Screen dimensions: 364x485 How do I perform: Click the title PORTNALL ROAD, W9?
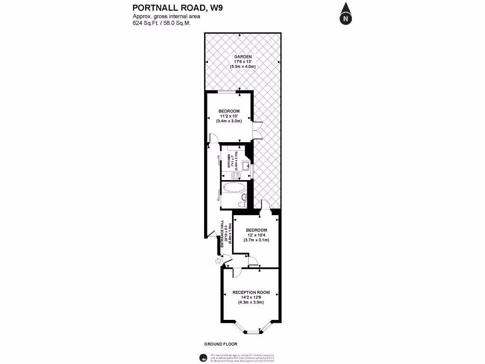pyautogui.click(x=165, y=7)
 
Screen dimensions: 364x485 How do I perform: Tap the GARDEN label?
pyautogui.click(x=242, y=57)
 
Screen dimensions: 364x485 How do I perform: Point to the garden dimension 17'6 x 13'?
pyautogui.click(x=242, y=62)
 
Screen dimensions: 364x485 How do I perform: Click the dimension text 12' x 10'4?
pyautogui.click(x=256, y=235)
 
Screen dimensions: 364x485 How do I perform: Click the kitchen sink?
pyautogui.click(x=246, y=166)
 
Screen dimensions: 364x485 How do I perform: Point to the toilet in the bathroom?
pyautogui.click(x=242, y=203)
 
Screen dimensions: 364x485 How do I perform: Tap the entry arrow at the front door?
pyautogui.click(x=218, y=260)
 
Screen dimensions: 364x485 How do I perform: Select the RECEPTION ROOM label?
pyautogui.click(x=251, y=292)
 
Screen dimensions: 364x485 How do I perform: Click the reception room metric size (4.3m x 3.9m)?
pyautogui.click(x=251, y=302)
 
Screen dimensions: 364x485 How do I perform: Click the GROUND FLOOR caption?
pyautogui.click(x=221, y=344)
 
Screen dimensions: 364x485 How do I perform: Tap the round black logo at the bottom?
pyautogui.click(x=202, y=357)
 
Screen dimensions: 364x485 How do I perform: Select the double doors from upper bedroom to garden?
pyautogui.click(x=256, y=130)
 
